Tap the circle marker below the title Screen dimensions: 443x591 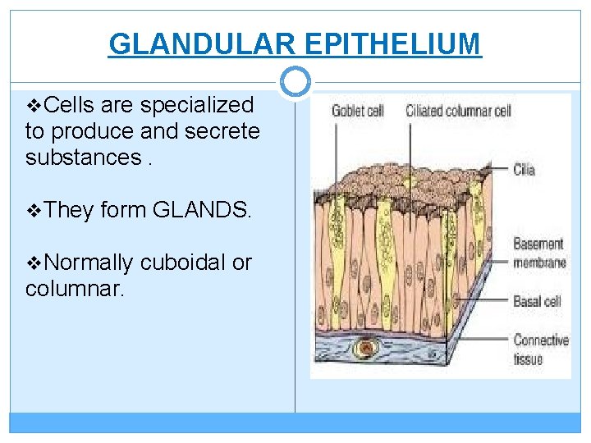pos(295,81)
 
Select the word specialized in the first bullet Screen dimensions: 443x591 pos(196,105)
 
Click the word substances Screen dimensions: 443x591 pos(83,156)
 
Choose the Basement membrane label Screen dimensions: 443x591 pos(539,253)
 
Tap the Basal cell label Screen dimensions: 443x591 pos(537,301)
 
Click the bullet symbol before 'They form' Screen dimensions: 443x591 pos(34,210)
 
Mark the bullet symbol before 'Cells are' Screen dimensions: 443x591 pos(34,105)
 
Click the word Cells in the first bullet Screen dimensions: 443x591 pos(69,105)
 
